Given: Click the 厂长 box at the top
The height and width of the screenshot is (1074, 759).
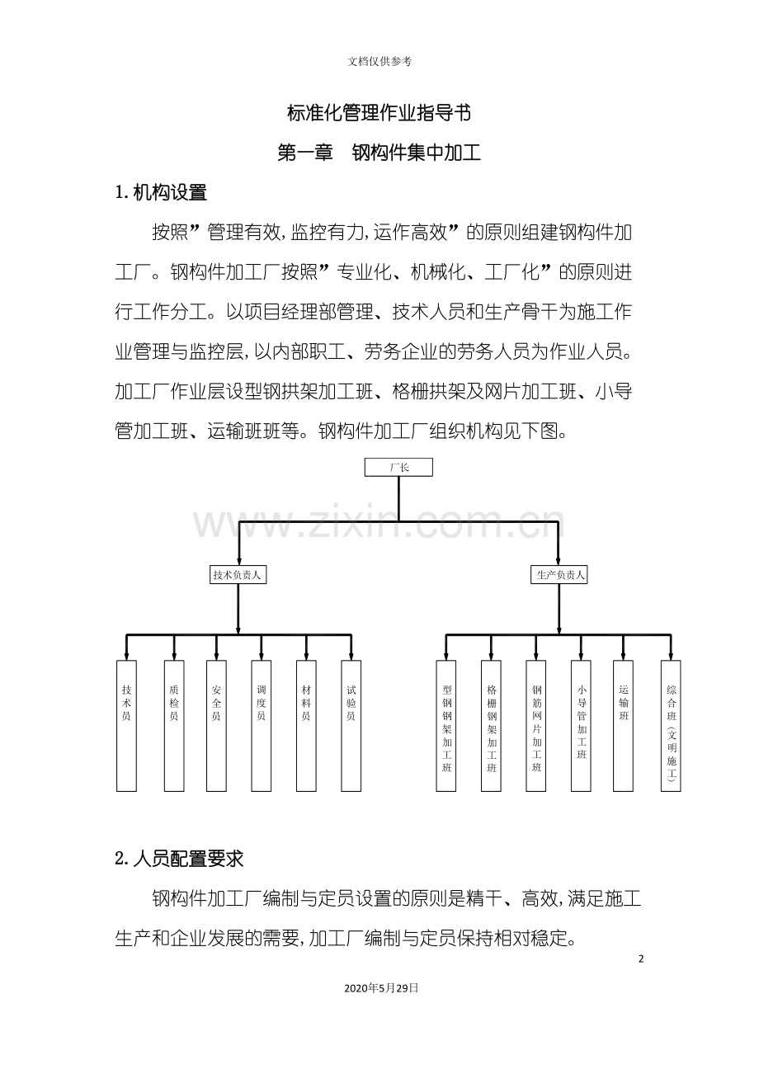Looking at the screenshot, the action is pyautogui.click(x=398, y=467).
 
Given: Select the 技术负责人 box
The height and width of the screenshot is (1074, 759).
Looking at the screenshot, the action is pyautogui.click(x=238, y=575).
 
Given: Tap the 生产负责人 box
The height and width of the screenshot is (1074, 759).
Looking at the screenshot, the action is pyautogui.click(x=559, y=575).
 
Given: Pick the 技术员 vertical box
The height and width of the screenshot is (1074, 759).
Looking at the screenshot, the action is pyautogui.click(x=126, y=726).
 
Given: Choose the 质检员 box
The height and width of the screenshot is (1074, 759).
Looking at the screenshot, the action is pyautogui.click(x=174, y=726).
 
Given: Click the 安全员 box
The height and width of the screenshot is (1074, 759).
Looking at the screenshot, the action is pyautogui.click(x=216, y=726).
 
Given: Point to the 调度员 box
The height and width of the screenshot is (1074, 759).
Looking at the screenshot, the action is pyautogui.click(x=262, y=726).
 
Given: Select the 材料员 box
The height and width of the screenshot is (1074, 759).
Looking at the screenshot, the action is pyautogui.click(x=306, y=726).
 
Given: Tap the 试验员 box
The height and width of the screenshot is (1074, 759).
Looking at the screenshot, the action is pyautogui.click(x=351, y=726).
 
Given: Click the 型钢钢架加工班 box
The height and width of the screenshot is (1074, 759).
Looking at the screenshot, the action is pyautogui.click(x=445, y=726).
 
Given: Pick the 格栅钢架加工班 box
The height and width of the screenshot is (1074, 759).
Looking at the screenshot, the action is pyautogui.click(x=491, y=726).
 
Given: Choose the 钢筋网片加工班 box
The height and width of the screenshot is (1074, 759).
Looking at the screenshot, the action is pyautogui.click(x=536, y=726).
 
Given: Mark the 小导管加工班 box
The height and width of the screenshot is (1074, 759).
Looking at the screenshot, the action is pyautogui.click(x=581, y=726).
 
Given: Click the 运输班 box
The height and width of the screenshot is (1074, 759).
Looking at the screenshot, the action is pyautogui.click(x=624, y=726).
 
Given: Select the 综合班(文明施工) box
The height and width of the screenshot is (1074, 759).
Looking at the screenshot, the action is pyautogui.click(x=671, y=726).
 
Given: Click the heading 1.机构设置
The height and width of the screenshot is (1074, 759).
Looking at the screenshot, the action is pyautogui.click(x=161, y=193).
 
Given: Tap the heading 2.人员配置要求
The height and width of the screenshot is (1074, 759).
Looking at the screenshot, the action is pyautogui.click(x=179, y=859).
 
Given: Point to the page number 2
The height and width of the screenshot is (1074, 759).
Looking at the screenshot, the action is pyautogui.click(x=641, y=959).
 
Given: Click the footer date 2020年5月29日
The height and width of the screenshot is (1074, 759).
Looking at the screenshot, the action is pyautogui.click(x=381, y=987).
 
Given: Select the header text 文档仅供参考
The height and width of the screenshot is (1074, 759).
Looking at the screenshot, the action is pyautogui.click(x=379, y=61).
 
